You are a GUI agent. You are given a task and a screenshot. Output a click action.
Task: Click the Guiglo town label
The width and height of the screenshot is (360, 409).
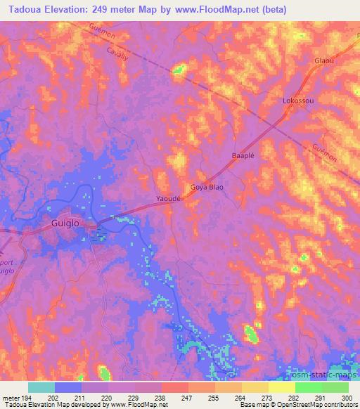(x=69, y=223)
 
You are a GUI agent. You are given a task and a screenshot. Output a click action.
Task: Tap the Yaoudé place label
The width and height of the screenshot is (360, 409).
(x=169, y=199)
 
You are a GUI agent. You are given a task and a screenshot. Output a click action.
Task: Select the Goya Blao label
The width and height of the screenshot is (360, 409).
(x=207, y=188)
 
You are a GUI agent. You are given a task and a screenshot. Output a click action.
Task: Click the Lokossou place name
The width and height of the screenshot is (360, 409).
(x=298, y=100)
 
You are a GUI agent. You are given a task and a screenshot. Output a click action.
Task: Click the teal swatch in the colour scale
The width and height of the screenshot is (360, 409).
(x=41, y=387)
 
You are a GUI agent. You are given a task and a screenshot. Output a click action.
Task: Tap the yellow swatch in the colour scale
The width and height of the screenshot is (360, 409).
(x=281, y=387)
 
